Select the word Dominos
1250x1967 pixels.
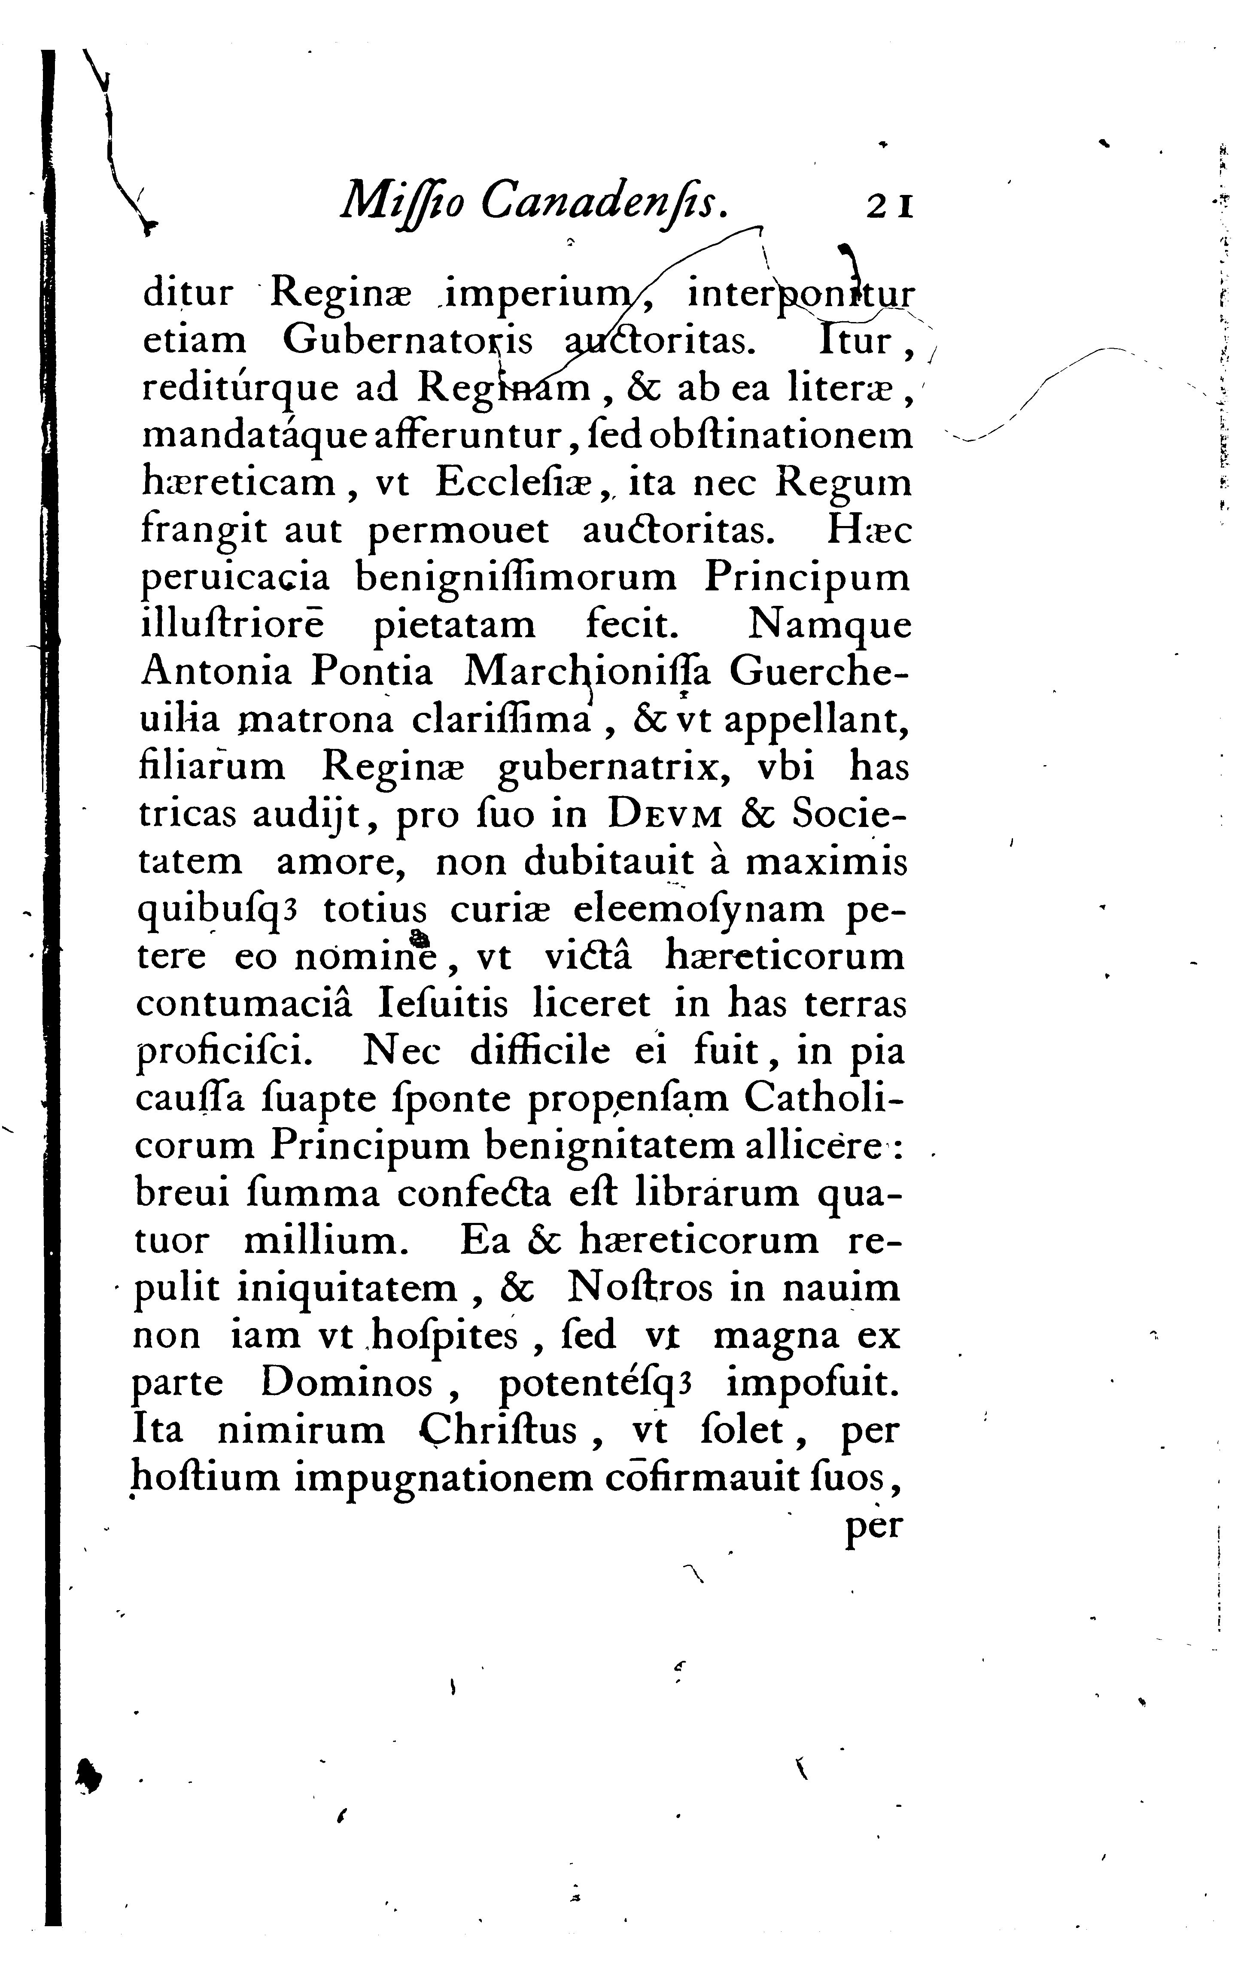point(347,1384)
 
